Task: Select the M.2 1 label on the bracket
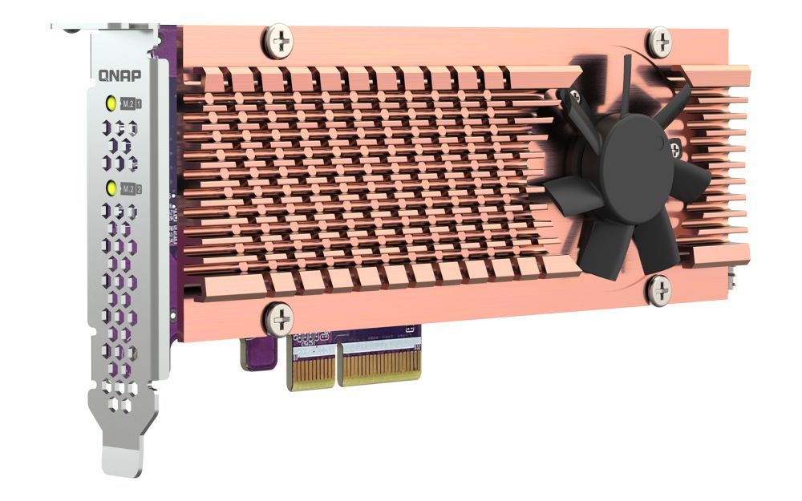tap(132, 103)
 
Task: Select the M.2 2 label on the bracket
tap(132, 189)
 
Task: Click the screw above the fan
tap(659, 41)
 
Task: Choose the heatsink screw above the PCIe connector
tap(279, 319)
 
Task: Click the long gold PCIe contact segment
tap(380, 366)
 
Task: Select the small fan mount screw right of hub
tap(675, 147)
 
